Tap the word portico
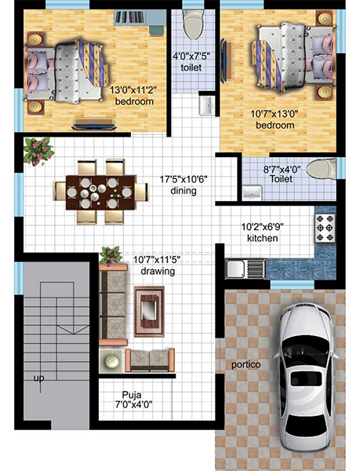click(245, 365)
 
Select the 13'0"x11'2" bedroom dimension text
click(133, 90)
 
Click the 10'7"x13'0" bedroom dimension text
click(274, 114)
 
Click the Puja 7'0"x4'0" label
click(136, 400)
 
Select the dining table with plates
click(100, 191)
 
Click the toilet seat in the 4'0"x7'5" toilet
click(192, 25)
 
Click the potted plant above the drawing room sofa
click(111, 255)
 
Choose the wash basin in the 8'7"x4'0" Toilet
click(251, 192)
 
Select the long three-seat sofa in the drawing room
click(115, 305)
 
